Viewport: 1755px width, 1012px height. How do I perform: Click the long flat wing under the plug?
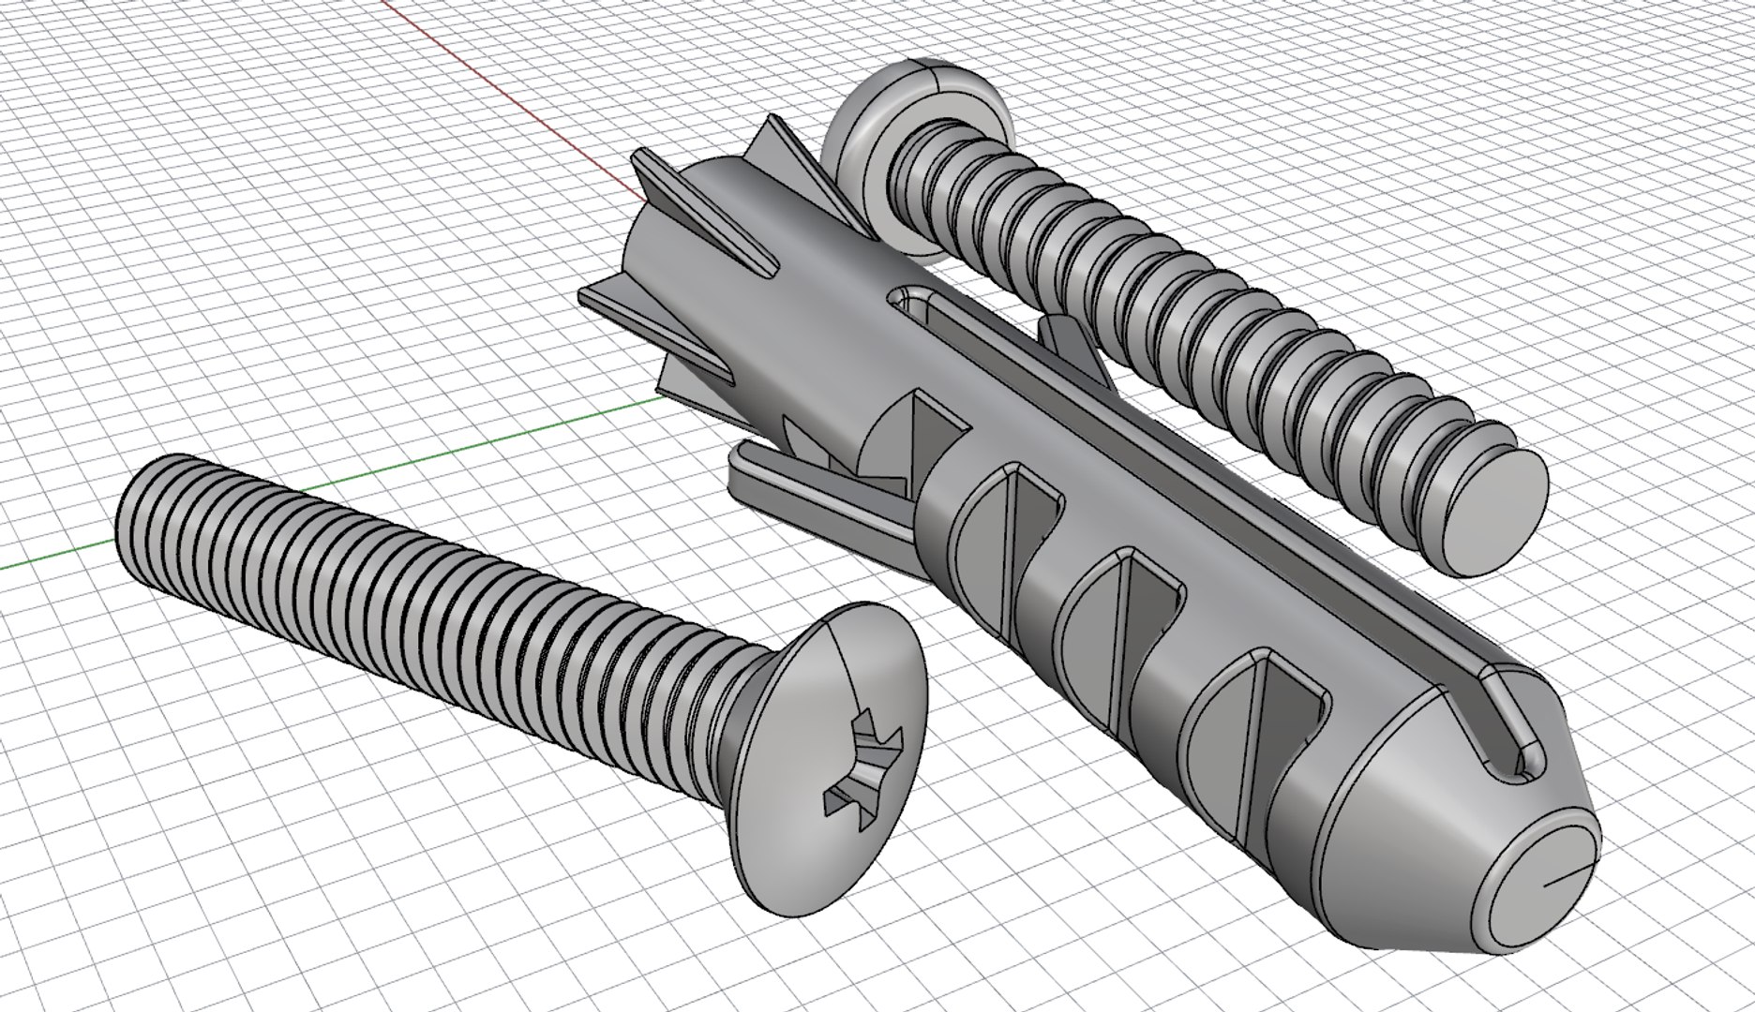pos(797,487)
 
